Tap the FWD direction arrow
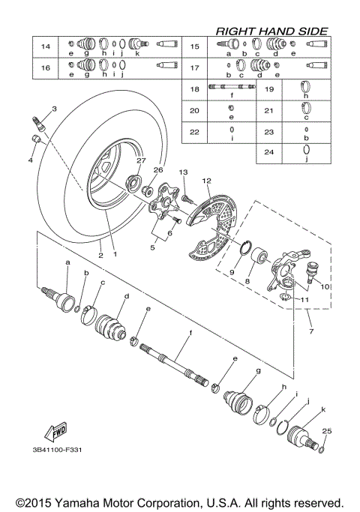point(55,433)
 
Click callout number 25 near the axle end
point(325,430)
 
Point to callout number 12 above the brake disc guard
point(206,180)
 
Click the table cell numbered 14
point(45,47)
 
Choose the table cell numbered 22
point(194,131)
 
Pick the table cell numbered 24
point(268,152)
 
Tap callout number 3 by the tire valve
point(53,109)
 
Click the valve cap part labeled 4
point(36,140)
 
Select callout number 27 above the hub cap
point(139,161)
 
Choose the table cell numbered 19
point(268,89)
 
